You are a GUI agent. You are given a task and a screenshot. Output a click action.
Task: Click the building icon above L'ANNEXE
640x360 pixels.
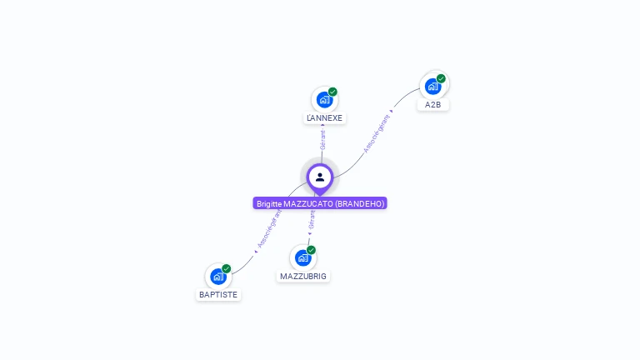coord(324,100)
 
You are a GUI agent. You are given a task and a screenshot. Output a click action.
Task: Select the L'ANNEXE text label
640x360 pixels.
coord(324,118)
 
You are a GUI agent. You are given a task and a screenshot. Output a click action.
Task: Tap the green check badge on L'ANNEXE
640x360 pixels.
coord(332,92)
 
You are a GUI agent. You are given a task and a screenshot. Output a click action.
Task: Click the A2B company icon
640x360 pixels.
coord(432,86)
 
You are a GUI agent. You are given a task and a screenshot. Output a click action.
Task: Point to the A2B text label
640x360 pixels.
coord(432,105)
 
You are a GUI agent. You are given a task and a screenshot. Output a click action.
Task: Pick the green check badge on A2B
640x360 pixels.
coord(441,79)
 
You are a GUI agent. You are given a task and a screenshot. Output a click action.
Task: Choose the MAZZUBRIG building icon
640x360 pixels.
coord(302,257)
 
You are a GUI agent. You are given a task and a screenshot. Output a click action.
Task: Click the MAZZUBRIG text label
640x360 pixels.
coord(303,276)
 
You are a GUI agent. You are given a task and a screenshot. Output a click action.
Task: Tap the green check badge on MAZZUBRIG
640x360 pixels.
coord(311,250)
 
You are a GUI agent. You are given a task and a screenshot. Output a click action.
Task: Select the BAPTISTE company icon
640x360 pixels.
coord(217,276)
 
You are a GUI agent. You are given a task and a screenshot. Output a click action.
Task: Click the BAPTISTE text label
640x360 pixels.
coord(218,294)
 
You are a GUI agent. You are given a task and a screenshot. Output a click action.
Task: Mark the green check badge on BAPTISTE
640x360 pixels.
coord(226,268)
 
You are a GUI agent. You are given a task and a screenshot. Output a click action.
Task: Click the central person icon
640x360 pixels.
coord(320,177)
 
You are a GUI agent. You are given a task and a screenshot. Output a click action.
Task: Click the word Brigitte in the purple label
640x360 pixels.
coord(269,203)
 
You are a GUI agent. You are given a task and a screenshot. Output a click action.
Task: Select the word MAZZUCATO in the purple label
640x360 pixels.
coord(308,203)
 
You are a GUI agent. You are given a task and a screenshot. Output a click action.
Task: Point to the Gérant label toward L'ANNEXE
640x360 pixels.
coord(322,138)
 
